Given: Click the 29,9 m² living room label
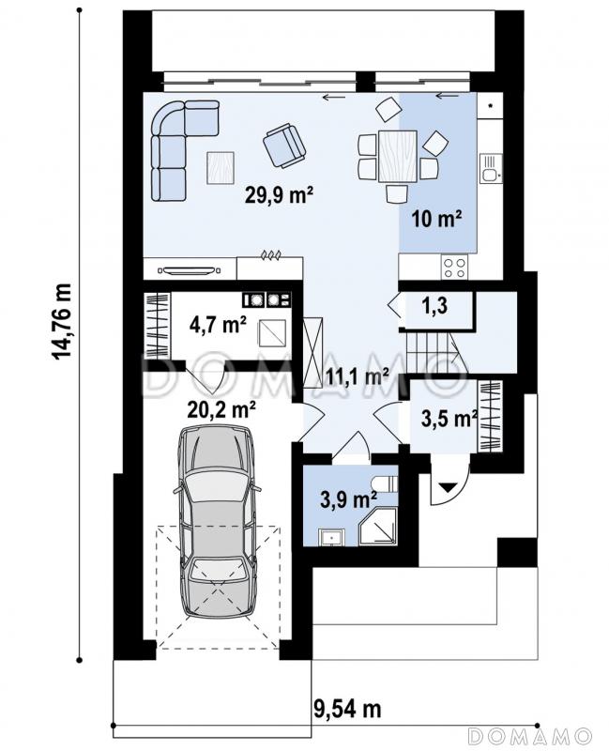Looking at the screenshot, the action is click(279, 195).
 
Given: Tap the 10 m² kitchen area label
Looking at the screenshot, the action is click(436, 219).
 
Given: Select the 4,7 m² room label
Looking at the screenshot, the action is click(218, 325).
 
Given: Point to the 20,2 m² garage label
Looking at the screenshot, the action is click(221, 409).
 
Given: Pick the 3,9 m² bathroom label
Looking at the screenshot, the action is click(347, 500).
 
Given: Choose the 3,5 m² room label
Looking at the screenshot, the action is click(449, 418).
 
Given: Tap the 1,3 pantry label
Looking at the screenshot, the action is click(434, 304).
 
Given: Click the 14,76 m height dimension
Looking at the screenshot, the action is click(62, 321).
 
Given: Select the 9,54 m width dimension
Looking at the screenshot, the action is click(348, 709).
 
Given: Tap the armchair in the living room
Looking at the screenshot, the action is click(283, 146).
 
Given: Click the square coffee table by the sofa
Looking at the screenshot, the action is click(221, 168).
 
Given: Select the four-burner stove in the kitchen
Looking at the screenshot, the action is click(454, 268).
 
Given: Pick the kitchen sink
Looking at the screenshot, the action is click(490, 168).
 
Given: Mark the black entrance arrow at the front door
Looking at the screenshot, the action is click(449, 487).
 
